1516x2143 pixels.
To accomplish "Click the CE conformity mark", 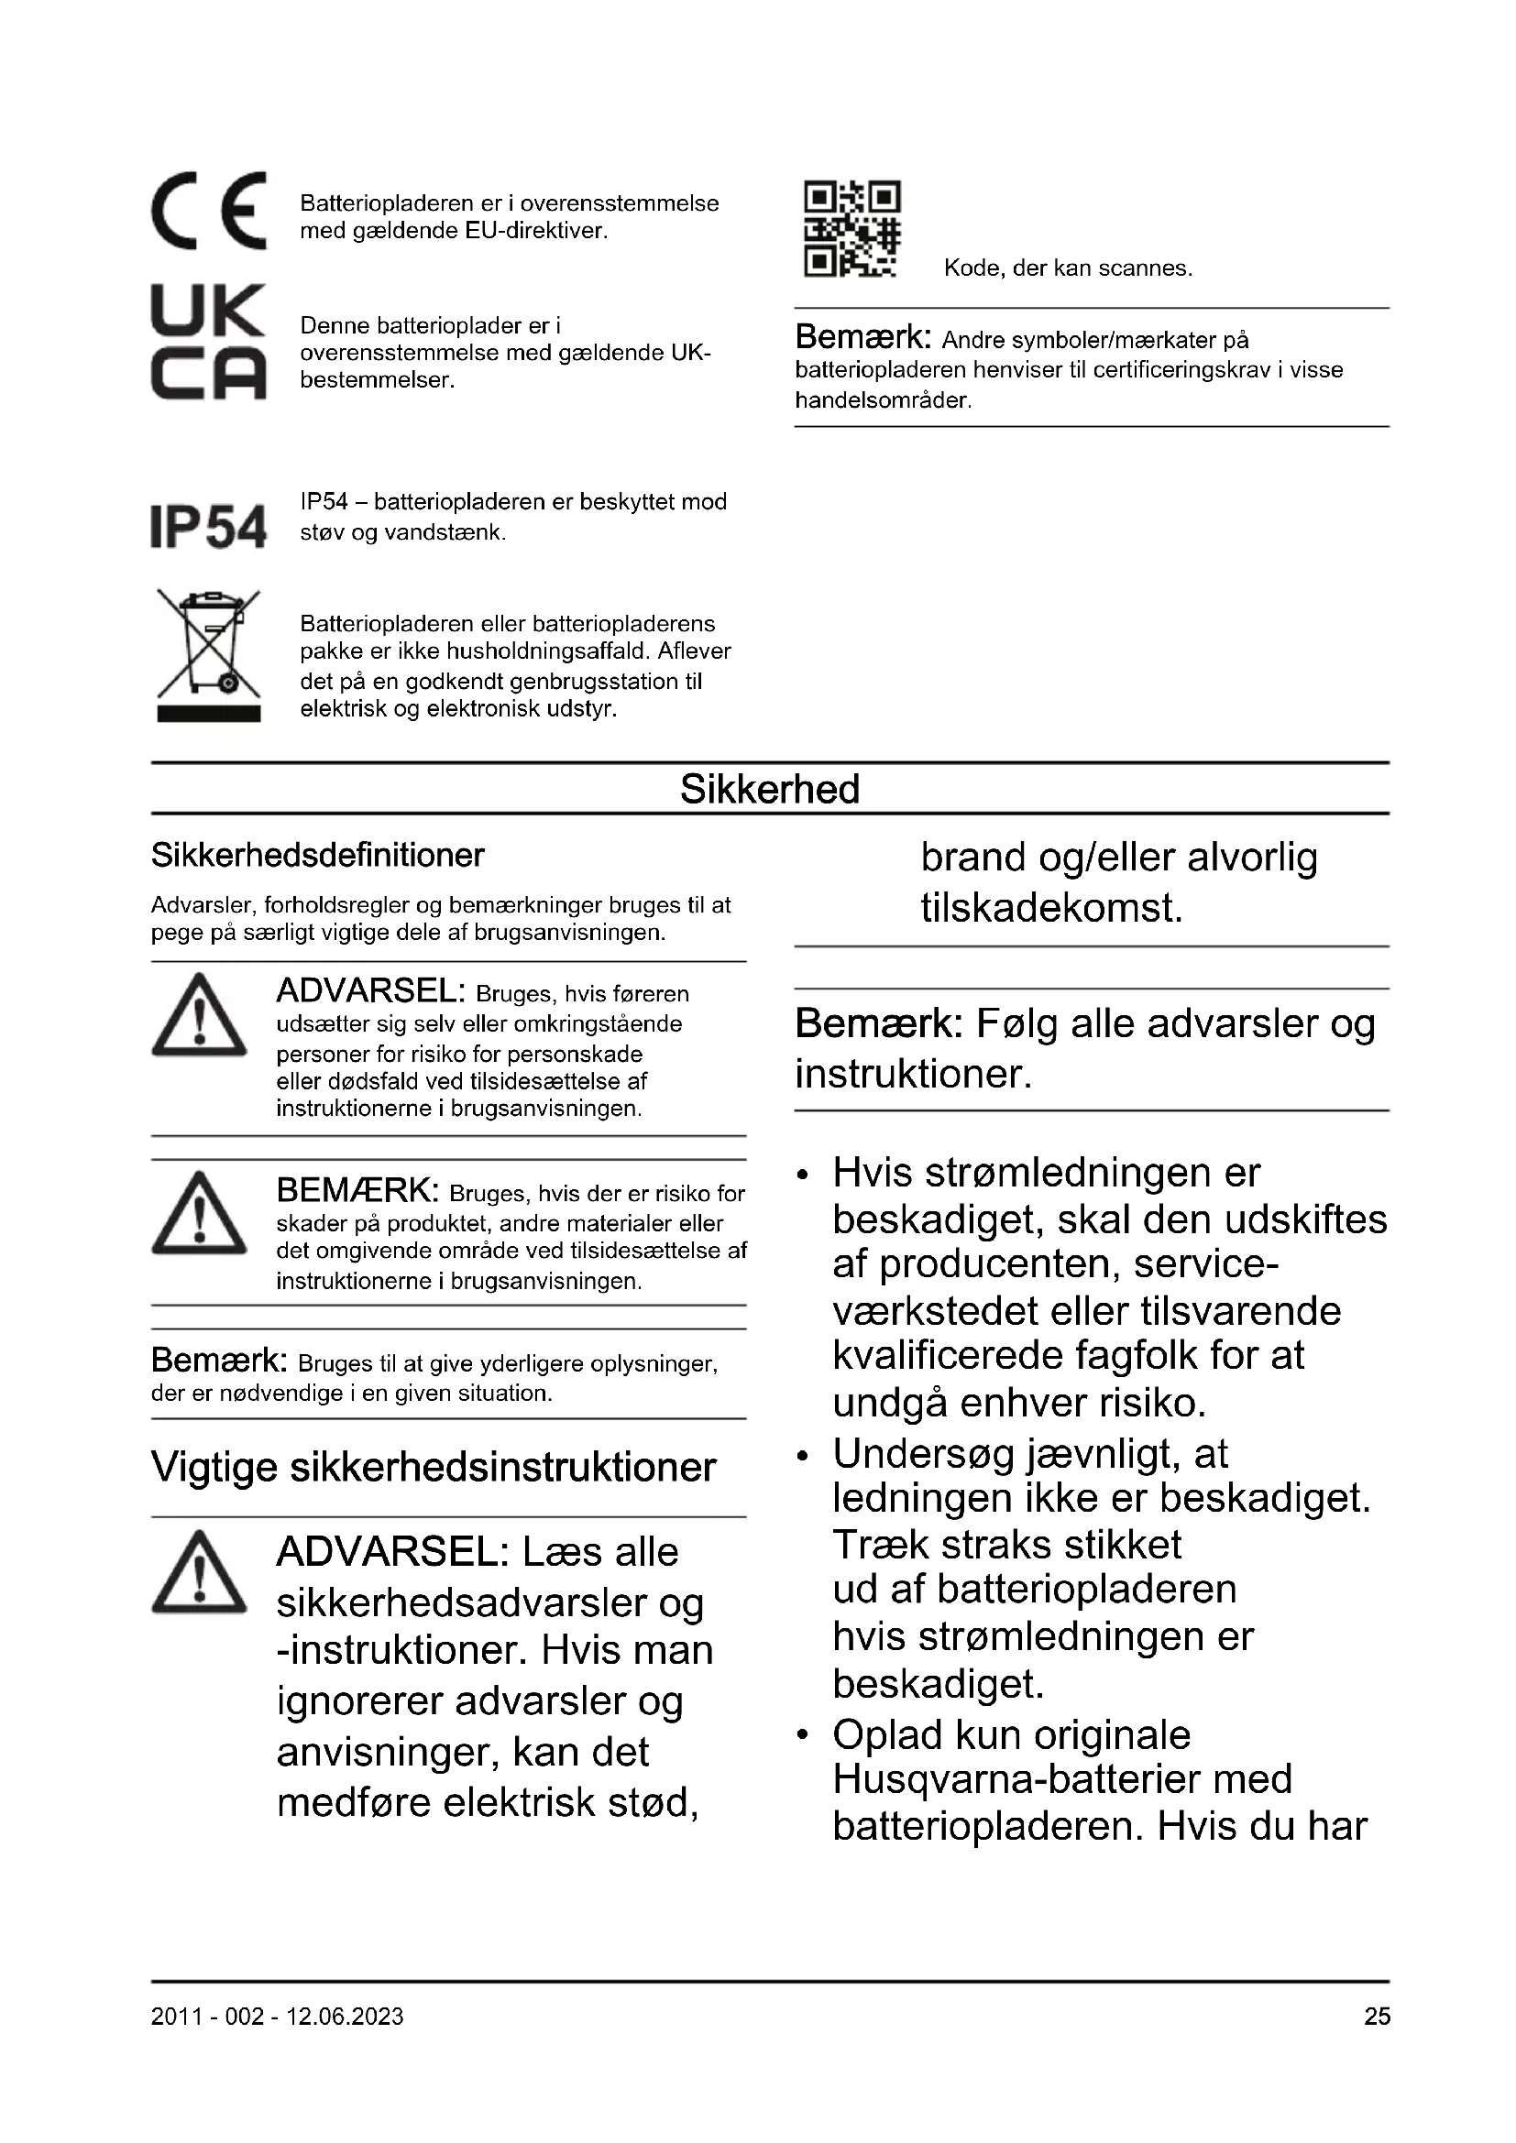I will pyautogui.click(x=208, y=211).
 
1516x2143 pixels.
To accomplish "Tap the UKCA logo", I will pyautogui.click(x=208, y=343).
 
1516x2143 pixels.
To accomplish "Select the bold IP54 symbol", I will pyautogui.click(x=208, y=527).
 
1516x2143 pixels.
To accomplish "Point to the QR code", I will pyautogui.click(x=851, y=230).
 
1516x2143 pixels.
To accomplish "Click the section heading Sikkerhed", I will pyautogui.click(x=769, y=790).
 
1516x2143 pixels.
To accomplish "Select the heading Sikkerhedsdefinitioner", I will pyautogui.click(x=317, y=855).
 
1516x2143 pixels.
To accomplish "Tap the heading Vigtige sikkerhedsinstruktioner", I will pyautogui.click(x=434, y=1467).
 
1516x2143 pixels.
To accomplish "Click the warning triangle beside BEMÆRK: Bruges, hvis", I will pyautogui.click(x=199, y=1212).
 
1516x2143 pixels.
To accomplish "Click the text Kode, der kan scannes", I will pyautogui.click(x=1068, y=268).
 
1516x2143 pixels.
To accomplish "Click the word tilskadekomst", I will pyautogui.click(x=1052, y=908).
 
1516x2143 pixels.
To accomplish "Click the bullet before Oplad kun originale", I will pyautogui.click(x=802, y=1735).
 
